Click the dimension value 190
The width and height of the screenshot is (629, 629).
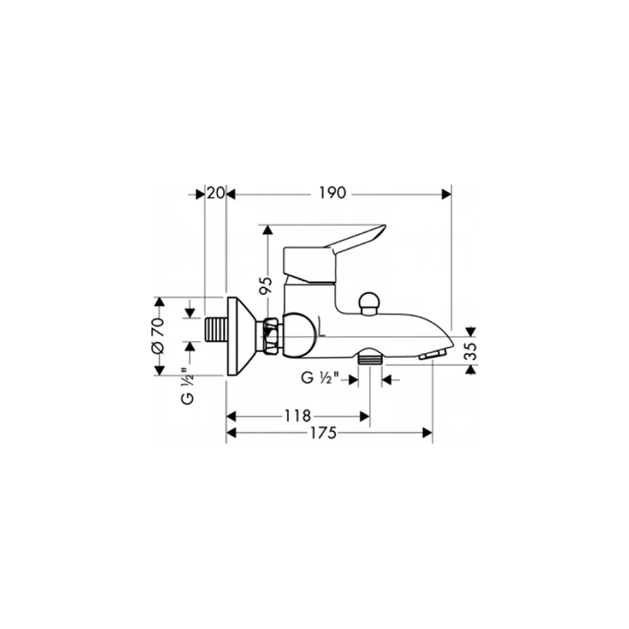click(x=332, y=193)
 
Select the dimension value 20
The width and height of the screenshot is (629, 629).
click(x=216, y=193)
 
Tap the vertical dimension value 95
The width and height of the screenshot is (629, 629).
click(x=265, y=285)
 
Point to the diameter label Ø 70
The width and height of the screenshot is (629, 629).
click(x=158, y=335)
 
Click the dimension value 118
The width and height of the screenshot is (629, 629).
click(x=298, y=416)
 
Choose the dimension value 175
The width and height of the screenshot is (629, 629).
click(x=323, y=433)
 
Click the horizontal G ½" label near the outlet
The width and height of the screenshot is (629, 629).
click(x=320, y=378)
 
